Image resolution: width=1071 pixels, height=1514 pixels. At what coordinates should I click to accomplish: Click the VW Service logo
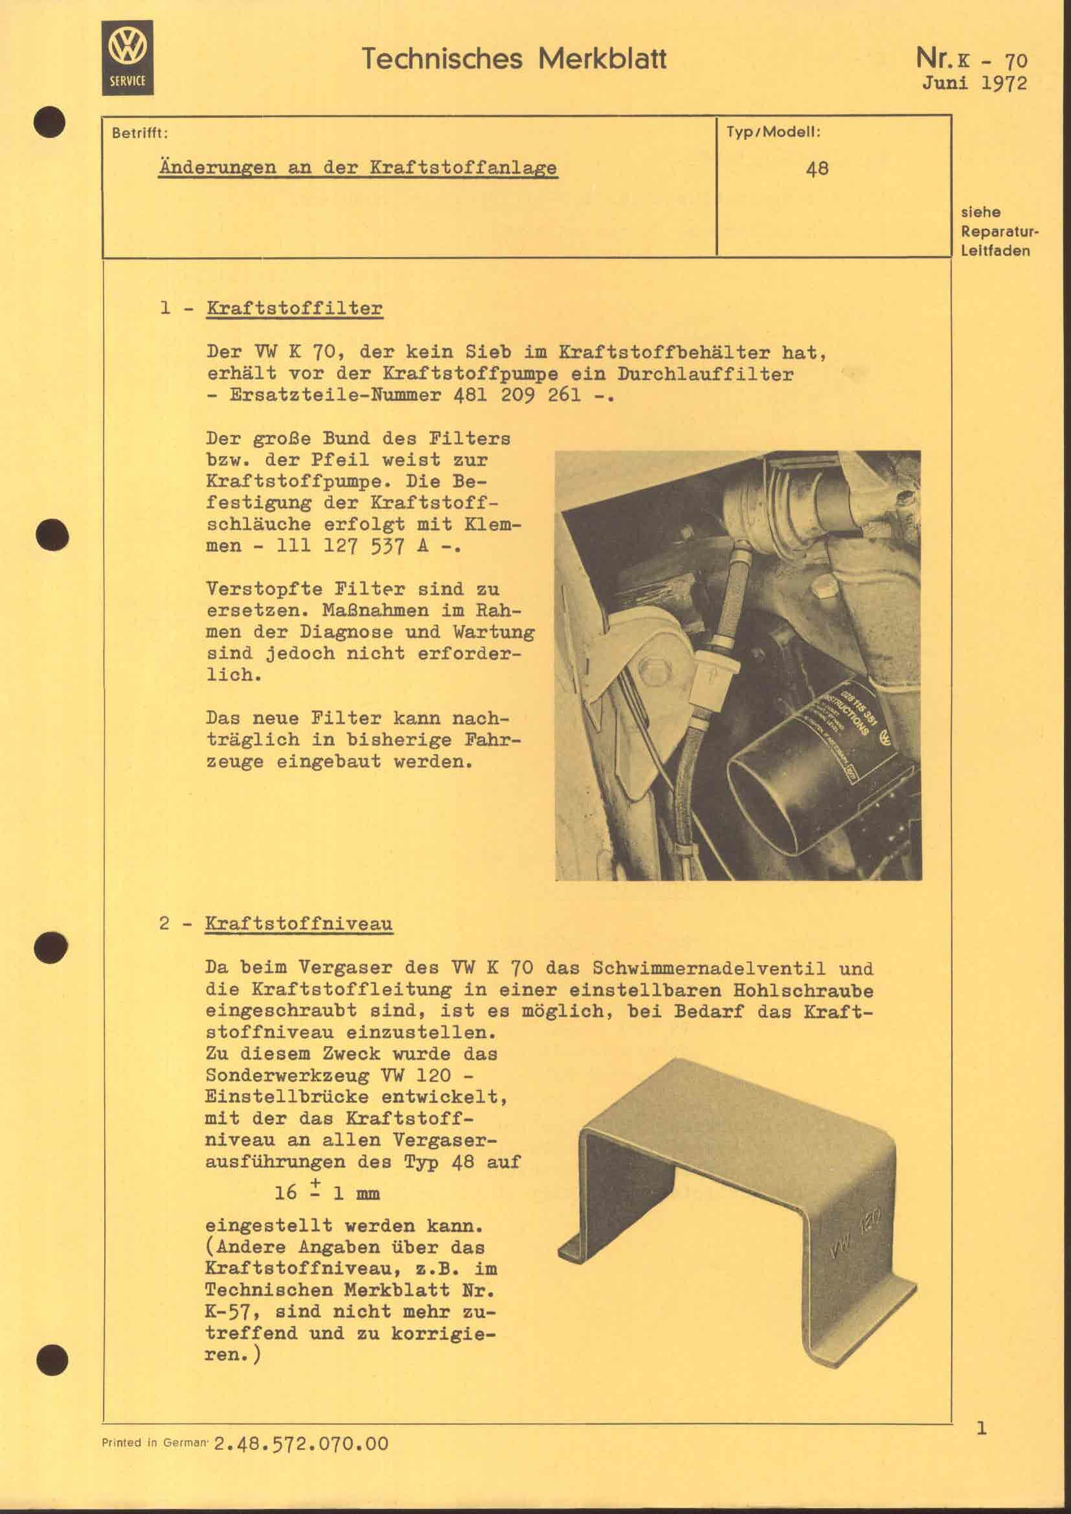coord(128,58)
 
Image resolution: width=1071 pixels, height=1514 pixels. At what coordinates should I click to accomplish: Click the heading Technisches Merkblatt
coord(513,60)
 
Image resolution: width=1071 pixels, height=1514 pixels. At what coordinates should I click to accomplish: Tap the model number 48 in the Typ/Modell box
coord(817,169)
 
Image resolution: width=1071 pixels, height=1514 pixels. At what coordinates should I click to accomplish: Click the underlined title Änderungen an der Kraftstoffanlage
coord(358,168)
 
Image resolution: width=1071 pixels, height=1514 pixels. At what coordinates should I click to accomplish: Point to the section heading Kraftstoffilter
coord(294,309)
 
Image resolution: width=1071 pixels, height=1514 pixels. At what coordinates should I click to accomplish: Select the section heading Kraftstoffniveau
coord(299,923)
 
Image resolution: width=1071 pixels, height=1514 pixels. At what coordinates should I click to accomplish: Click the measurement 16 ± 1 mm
coord(327,1193)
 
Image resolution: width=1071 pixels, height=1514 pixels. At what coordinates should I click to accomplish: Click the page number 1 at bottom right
coord(981,1429)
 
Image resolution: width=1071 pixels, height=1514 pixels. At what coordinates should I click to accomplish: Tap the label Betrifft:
coord(140,133)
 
